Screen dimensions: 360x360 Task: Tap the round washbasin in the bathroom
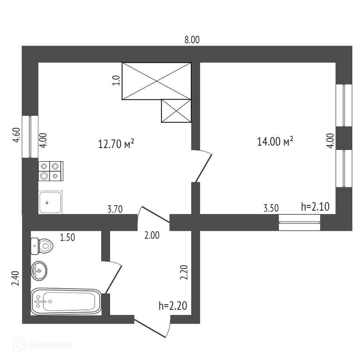[x=39, y=271]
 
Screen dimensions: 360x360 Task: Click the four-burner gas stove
[x=50, y=171]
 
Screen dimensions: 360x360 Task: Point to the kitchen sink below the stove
[x=50, y=202]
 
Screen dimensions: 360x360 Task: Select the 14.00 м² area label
[x=275, y=142]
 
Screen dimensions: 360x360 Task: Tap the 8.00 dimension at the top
[x=192, y=40]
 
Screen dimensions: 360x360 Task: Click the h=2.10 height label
[x=315, y=207]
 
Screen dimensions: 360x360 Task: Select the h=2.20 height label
[x=173, y=306]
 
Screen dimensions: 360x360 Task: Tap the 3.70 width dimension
[x=115, y=210]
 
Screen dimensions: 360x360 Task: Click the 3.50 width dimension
[x=271, y=208]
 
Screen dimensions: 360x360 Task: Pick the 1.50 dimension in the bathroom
[x=67, y=237]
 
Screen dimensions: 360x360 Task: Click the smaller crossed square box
[x=176, y=111]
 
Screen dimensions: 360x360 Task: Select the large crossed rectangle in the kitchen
[x=156, y=81]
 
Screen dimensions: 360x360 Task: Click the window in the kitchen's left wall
[x=30, y=137]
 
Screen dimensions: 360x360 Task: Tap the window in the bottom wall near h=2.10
[x=300, y=222]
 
